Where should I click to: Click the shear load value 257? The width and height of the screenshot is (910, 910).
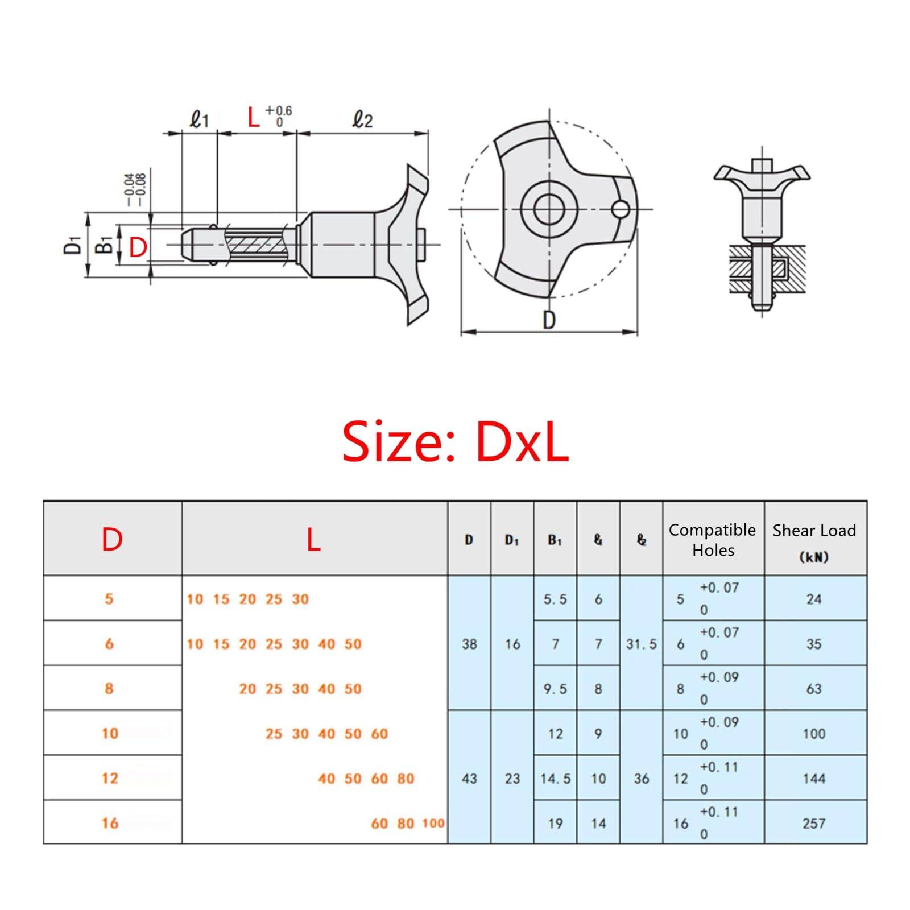click(x=814, y=823)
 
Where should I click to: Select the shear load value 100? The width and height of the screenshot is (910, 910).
click(x=814, y=734)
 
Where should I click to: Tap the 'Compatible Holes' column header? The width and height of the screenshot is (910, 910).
click(x=713, y=540)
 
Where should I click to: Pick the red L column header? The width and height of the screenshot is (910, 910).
click(x=314, y=539)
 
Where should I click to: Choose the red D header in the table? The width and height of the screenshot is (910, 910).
click(x=112, y=539)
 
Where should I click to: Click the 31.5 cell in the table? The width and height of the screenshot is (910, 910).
click(x=642, y=644)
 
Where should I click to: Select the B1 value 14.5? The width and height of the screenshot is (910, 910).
click(x=556, y=779)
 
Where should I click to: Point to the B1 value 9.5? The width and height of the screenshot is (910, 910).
click(x=555, y=689)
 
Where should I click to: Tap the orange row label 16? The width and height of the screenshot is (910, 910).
click(x=110, y=823)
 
